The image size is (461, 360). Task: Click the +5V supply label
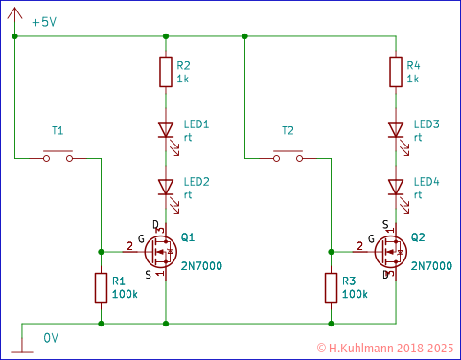click(x=44, y=22)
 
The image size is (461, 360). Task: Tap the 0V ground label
click(x=52, y=337)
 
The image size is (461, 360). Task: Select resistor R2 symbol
click(x=165, y=73)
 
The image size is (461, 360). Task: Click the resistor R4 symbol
click(x=395, y=73)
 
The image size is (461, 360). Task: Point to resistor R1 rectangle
click(x=101, y=288)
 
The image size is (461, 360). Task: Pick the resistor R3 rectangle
click(x=331, y=288)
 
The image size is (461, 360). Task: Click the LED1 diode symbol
click(x=165, y=128)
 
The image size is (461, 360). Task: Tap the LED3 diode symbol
click(x=395, y=128)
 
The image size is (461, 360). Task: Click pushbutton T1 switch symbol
click(x=58, y=154)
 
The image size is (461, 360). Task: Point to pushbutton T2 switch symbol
click(x=288, y=154)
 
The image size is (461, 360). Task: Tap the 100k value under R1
click(x=124, y=294)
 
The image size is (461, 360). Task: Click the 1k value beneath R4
click(x=413, y=79)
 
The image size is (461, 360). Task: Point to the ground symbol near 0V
click(x=21, y=349)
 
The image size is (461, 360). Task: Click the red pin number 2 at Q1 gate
click(x=129, y=245)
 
